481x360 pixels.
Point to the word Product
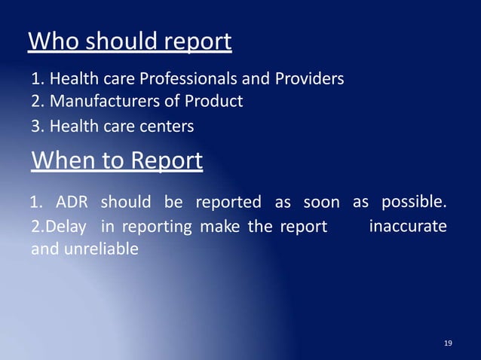(x=215, y=101)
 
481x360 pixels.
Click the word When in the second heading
(x=60, y=160)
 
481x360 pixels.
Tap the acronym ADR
(x=72, y=203)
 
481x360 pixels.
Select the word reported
(x=228, y=203)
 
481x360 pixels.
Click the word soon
(x=321, y=203)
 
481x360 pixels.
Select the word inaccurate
(x=408, y=226)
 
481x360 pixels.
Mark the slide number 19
(x=449, y=343)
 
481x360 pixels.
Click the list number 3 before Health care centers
(x=35, y=127)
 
